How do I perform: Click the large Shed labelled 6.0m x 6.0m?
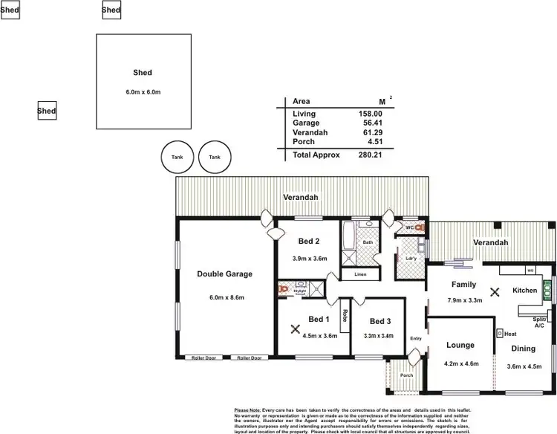(143, 82)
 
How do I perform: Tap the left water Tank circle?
(177, 157)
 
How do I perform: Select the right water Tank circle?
(215, 157)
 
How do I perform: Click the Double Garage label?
(224, 274)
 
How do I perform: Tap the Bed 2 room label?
(309, 242)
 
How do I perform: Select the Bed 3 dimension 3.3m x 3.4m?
(380, 336)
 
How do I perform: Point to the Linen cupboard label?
(360, 275)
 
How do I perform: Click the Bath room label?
(368, 242)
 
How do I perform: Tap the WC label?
(409, 227)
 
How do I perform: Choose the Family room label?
(463, 285)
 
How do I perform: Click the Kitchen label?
(524, 290)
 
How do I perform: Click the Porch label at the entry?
(407, 375)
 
